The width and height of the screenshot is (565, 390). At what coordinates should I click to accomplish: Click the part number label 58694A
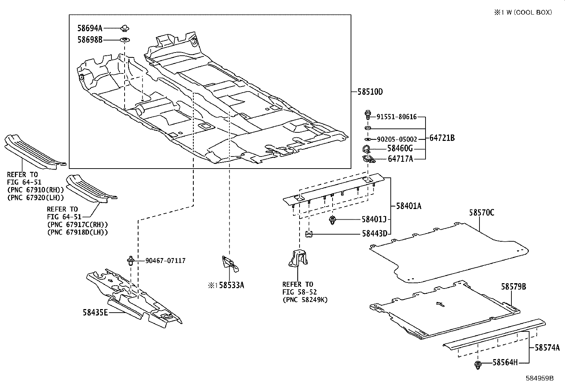(x=90, y=28)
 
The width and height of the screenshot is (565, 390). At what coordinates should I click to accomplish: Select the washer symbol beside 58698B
(x=125, y=40)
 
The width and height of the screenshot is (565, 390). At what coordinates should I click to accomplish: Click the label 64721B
(x=442, y=138)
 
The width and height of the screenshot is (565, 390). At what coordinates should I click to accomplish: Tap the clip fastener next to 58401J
(x=333, y=220)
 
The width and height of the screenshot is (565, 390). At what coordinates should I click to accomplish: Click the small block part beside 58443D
(x=309, y=234)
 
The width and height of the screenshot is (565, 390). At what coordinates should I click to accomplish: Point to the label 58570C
(x=482, y=213)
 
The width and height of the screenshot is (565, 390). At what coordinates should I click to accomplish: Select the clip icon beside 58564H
(x=478, y=364)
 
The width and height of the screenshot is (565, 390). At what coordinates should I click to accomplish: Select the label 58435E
(x=95, y=312)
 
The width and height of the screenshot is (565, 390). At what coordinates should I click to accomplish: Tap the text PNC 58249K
(x=305, y=300)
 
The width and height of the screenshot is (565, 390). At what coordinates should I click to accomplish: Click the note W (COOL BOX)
(x=527, y=12)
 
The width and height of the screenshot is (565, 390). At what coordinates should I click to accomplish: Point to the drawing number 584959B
(x=539, y=378)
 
